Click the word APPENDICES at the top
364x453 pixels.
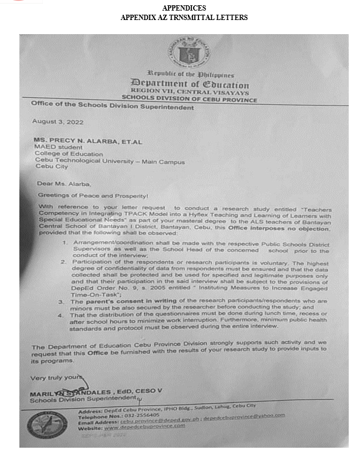coord(183,8)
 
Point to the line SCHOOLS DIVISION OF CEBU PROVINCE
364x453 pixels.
coord(189,99)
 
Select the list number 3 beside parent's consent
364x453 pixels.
coord(69,301)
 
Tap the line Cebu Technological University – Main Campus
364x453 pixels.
coord(110,162)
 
